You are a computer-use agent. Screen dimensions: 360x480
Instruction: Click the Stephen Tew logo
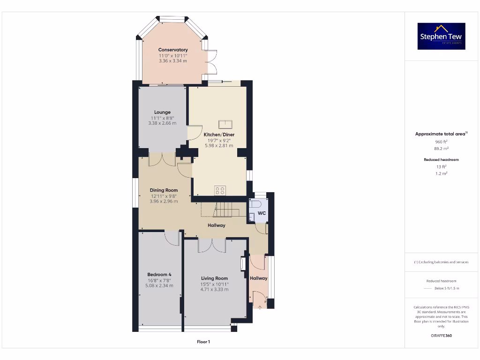(441, 36)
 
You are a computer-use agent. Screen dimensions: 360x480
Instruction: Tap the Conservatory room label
(173, 50)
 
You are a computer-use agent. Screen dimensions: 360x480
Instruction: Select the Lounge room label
(162, 112)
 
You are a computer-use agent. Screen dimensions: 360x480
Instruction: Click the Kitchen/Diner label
(219, 135)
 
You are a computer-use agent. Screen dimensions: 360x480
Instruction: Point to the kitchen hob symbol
(220, 190)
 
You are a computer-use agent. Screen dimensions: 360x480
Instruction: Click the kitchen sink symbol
(225, 124)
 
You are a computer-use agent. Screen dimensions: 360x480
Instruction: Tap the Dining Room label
(164, 190)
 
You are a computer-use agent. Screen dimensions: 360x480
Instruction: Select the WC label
(262, 213)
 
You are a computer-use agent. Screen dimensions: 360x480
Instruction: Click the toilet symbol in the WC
(254, 204)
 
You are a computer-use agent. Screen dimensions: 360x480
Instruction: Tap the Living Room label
(214, 278)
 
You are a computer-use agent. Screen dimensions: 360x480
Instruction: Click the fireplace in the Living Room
(243, 264)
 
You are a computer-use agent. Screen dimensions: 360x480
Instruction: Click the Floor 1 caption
(203, 342)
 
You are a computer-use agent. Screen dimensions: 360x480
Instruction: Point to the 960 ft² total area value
(441, 141)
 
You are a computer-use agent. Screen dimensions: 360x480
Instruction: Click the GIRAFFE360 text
(441, 336)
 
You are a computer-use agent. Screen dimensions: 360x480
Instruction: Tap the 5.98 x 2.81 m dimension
(219, 145)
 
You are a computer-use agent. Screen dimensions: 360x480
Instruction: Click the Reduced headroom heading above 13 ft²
(441, 160)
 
